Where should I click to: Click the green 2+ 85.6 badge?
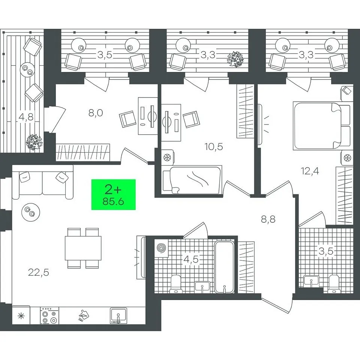[113, 195]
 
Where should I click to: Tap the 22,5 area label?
[39, 273]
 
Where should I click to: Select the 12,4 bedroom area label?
[310, 171]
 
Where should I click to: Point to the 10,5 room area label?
[214, 147]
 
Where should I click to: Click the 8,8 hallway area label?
[268, 219]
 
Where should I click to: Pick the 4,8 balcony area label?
[26, 117]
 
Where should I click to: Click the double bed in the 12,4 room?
[322, 126]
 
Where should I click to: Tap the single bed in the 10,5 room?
[192, 180]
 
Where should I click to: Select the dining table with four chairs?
[83, 248]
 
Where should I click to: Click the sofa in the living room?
[43, 182]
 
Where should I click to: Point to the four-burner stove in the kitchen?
[49, 316]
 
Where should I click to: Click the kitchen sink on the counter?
[118, 316]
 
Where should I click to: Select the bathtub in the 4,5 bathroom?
[225, 267]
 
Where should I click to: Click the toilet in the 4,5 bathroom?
[175, 283]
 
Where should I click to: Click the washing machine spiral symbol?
[161, 249]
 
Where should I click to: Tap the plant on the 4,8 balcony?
[34, 142]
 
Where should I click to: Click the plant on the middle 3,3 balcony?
[235, 59]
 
